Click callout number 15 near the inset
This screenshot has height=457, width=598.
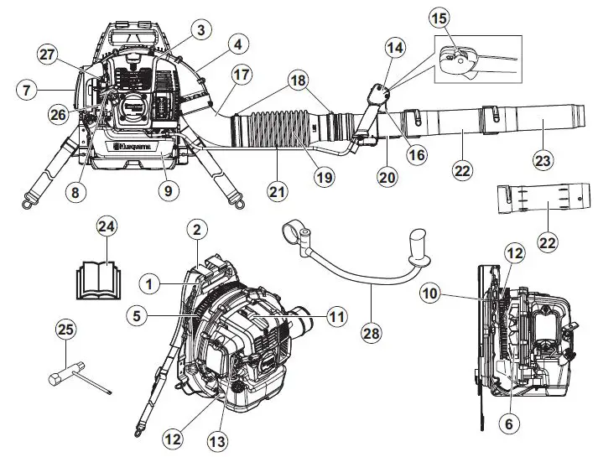click(x=439, y=17)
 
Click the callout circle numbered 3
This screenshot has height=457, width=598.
click(x=199, y=30)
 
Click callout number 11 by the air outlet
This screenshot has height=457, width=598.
click(x=336, y=317)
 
